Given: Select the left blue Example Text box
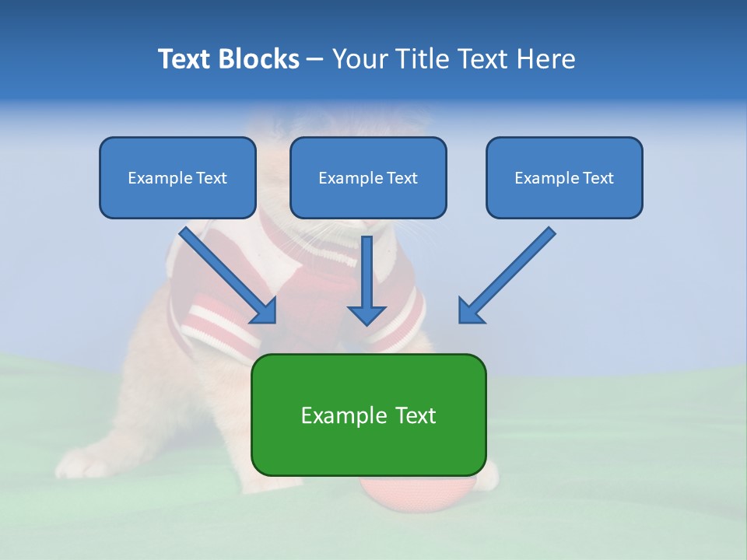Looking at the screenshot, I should coord(177,177).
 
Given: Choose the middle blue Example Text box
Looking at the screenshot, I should coord(368,177).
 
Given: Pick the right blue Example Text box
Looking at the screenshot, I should coord(564,177).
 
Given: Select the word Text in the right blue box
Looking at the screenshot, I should coord(598,178).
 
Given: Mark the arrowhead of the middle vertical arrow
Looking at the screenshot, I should coord(366,314).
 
